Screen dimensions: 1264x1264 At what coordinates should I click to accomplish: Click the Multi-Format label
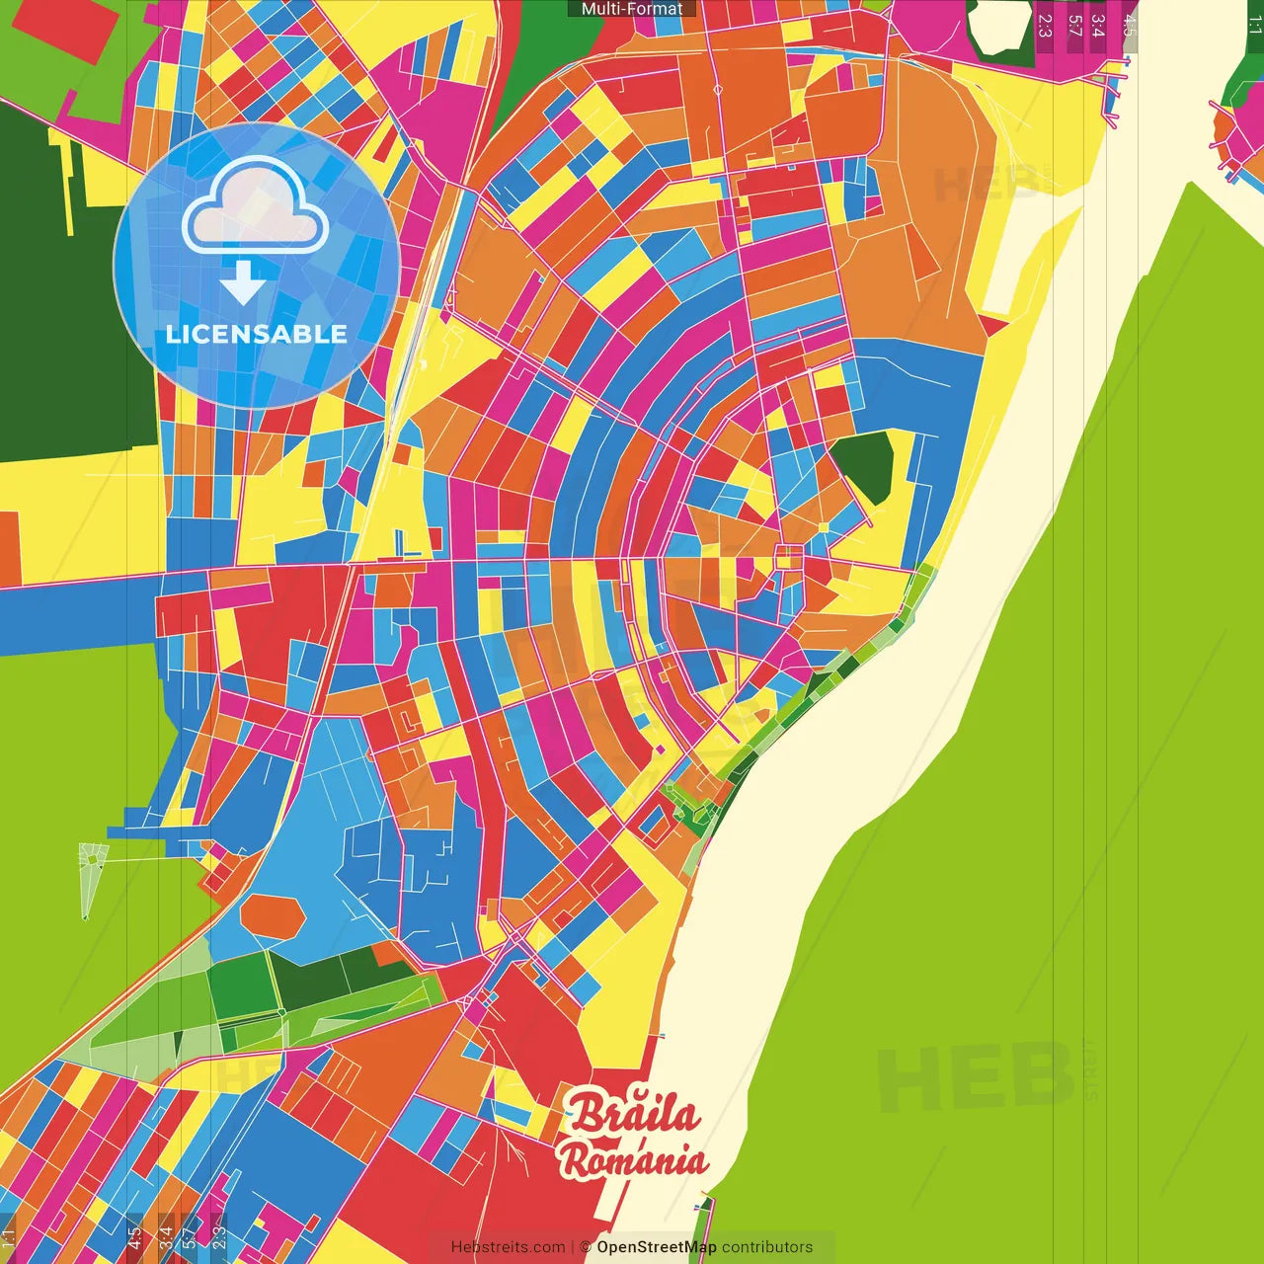(x=632, y=9)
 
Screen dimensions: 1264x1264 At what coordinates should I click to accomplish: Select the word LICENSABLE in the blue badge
(x=257, y=334)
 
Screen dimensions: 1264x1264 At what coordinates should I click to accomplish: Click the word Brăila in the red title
(x=634, y=1114)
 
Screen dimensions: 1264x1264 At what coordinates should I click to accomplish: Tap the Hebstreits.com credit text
(x=508, y=1247)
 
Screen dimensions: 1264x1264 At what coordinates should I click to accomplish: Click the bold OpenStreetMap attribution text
(x=657, y=1247)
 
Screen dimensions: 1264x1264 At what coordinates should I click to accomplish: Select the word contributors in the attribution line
(x=767, y=1247)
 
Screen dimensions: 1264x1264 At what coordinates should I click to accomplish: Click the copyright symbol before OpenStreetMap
(x=585, y=1247)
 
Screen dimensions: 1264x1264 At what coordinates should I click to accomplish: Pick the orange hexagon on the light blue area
(x=273, y=915)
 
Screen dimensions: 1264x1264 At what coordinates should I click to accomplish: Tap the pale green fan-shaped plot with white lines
(x=92, y=874)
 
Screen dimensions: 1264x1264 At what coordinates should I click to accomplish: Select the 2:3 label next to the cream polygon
(x=1045, y=26)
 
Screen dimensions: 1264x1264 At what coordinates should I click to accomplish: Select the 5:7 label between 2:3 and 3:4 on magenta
(x=1074, y=26)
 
